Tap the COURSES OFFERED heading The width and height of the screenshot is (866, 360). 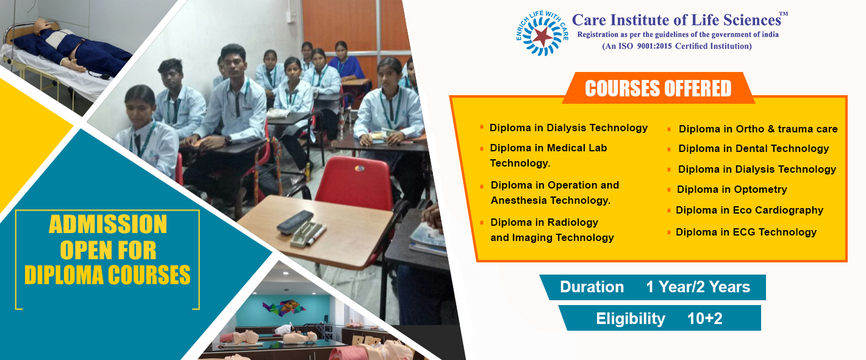click(658, 88)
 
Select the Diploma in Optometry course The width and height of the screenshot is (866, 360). click(731, 190)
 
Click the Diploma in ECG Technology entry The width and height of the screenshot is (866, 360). click(746, 232)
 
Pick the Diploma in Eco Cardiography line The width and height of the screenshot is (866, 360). click(750, 211)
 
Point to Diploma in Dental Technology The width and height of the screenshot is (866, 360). click(754, 149)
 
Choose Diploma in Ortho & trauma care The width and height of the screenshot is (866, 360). click(757, 129)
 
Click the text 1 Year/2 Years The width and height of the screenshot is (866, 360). click(698, 287)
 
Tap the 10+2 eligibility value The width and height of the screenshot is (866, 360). click(704, 319)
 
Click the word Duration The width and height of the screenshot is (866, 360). click(592, 287)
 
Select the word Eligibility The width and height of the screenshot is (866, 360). click(631, 319)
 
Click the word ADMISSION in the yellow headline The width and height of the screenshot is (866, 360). click(108, 225)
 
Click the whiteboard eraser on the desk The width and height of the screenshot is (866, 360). click(295, 222)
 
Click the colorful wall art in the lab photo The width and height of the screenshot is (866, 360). click(284, 308)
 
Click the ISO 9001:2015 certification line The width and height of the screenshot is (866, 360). click(677, 46)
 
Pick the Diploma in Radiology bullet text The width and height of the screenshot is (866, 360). click(552, 230)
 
